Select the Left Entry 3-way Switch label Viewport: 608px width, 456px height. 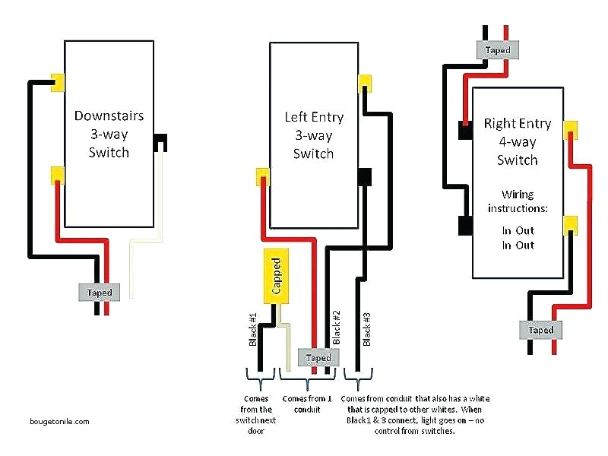click(x=314, y=135)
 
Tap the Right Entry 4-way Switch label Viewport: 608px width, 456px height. click(x=517, y=141)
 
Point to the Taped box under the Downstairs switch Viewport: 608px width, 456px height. click(x=100, y=292)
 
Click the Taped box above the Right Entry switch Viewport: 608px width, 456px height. click(x=499, y=50)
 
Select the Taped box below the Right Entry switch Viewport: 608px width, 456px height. click(x=541, y=330)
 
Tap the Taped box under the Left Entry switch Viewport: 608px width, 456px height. click(x=318, y=357)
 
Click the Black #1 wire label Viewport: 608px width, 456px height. click(x=254, y=330)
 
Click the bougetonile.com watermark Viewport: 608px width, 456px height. click(x=60, y=421)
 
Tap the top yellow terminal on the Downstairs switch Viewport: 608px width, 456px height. click(x=57, y=83)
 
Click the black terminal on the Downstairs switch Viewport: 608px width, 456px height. click(x=160, y=142)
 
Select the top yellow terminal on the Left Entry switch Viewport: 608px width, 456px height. click(x=366, y=82)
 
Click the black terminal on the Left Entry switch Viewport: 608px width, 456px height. click(x=364, y=176)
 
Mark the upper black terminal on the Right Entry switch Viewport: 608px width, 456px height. click(x=465, y=130)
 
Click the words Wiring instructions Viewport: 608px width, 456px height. click(x=517, y=201)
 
